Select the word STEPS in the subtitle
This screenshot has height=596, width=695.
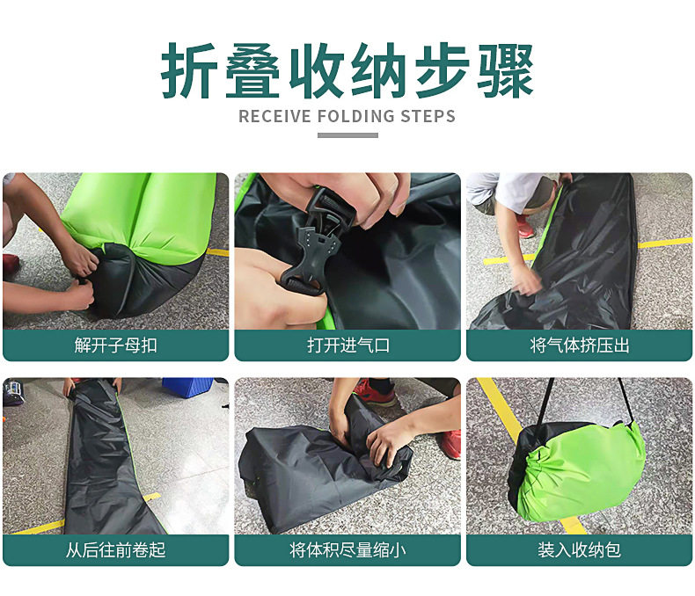[x=428, y=116]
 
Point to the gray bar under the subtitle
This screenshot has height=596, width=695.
[x=347, y=134]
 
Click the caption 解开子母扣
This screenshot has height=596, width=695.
[x=115, y=345]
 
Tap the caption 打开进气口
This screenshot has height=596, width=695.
[x=347, y=345]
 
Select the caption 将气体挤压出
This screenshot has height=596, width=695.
[x=579, y=345]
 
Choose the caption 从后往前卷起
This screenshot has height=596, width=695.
[x=115, y=550]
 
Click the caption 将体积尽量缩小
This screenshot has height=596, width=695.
[x=347, y=550]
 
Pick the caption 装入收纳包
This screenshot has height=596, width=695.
[x=579, y=550]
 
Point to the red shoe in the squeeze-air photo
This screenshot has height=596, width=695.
[x=525, y=226]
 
